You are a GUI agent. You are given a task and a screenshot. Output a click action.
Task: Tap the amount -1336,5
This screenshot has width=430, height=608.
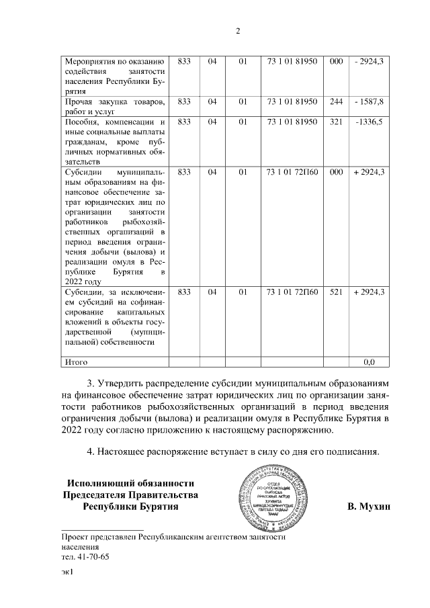coord(368,122)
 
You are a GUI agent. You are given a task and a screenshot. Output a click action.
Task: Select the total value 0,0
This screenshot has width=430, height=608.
coord(368,362)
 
